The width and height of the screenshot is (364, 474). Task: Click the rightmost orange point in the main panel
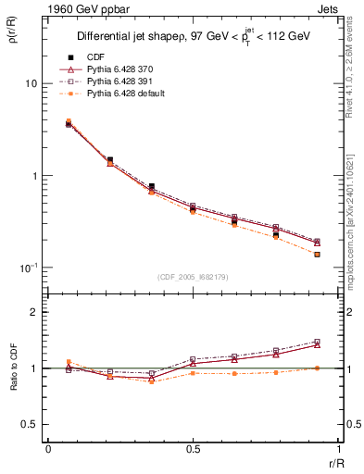[317, 254]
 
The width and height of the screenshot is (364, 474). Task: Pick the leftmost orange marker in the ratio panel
[69, 362]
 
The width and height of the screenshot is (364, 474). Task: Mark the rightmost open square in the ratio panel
[317, 342]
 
